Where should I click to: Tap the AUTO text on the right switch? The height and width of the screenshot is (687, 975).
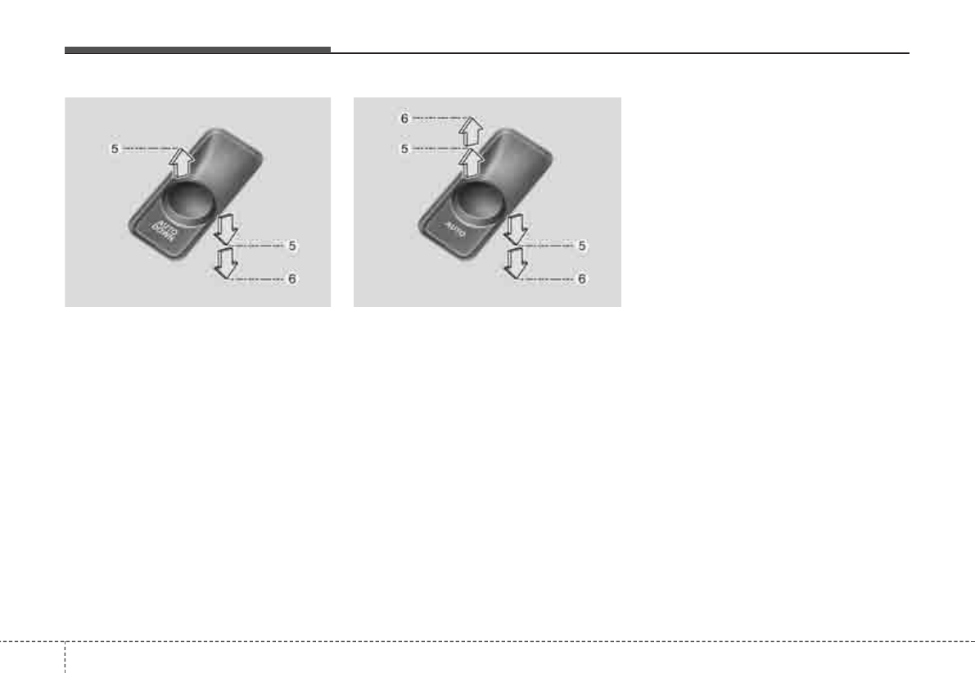coord(454,228)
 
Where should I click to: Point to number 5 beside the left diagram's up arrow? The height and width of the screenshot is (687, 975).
coord(115,148)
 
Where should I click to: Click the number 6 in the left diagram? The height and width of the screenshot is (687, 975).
coord(291,278)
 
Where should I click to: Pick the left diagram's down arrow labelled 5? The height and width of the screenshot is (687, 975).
coord(226,230)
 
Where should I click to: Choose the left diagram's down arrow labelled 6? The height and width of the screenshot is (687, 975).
coord(226,262)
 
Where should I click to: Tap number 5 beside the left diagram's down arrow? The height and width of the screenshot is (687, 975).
coord(291,246)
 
